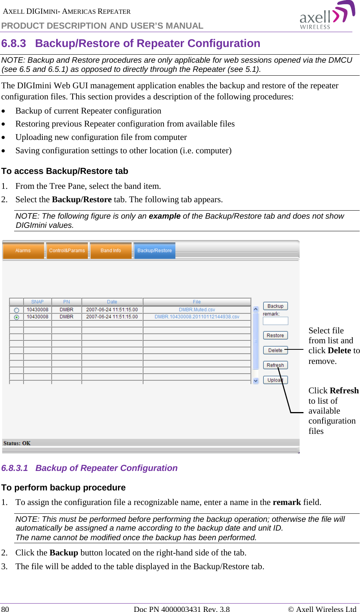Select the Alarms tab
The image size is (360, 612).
(23, 251)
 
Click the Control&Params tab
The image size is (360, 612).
(67, 251)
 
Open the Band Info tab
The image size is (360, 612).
(111, 251)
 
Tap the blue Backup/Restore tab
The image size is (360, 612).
(154, 251)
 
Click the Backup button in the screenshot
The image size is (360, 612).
(275, 306)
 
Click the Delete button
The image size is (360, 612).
(275, 350)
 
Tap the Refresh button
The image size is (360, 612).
(275, 365)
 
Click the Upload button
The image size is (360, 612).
(275, 380)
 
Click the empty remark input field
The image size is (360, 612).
(275, 321)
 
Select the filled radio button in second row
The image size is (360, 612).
(16, 317)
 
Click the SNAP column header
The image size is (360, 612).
(37, 302)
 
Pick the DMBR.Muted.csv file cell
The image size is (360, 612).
(197, 310)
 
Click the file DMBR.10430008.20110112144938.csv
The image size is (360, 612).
(197, 317)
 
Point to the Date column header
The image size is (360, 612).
(112, 302)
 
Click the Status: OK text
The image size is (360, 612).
(17, 443)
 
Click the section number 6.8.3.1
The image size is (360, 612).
(15, 468)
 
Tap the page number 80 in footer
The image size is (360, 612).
(5, 609)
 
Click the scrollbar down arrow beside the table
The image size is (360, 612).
(256, 381)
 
